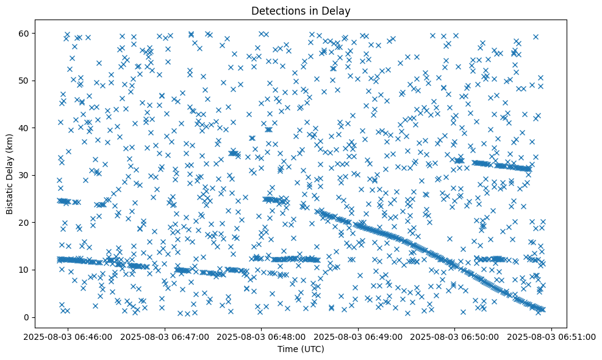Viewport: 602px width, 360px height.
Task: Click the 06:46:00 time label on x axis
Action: coord(68,336)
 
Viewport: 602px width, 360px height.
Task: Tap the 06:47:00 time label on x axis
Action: coord(165,336)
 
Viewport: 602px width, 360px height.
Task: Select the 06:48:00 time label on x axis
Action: coord(262,336)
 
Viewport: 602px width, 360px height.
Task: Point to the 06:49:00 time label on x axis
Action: coord(358,336)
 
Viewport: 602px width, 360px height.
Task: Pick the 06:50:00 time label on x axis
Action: coord(455,336)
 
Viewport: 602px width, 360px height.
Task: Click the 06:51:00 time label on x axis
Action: coord(551,336)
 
